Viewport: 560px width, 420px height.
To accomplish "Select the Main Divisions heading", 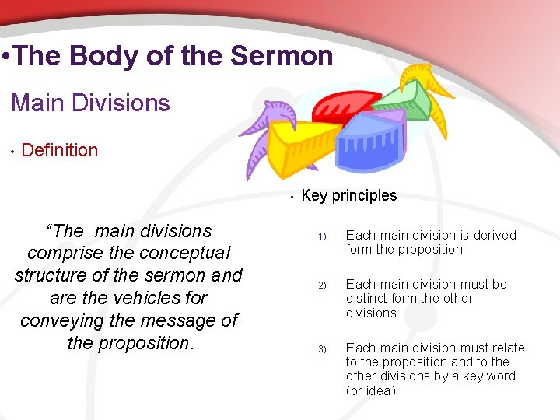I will [x=90, y=103].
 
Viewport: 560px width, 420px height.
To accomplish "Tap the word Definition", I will [x=60, y=150].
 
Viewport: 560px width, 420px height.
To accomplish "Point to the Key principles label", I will [x=348, y=195].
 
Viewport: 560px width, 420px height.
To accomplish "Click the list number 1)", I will [x=322, y=236].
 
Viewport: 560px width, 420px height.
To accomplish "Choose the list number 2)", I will [x=322, y=285].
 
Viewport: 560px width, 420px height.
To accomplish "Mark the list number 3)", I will [x=322, y=349].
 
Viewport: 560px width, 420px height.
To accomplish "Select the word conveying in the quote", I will [x=64, y=320].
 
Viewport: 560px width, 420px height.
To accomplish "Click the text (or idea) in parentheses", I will [x=371, y=391].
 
